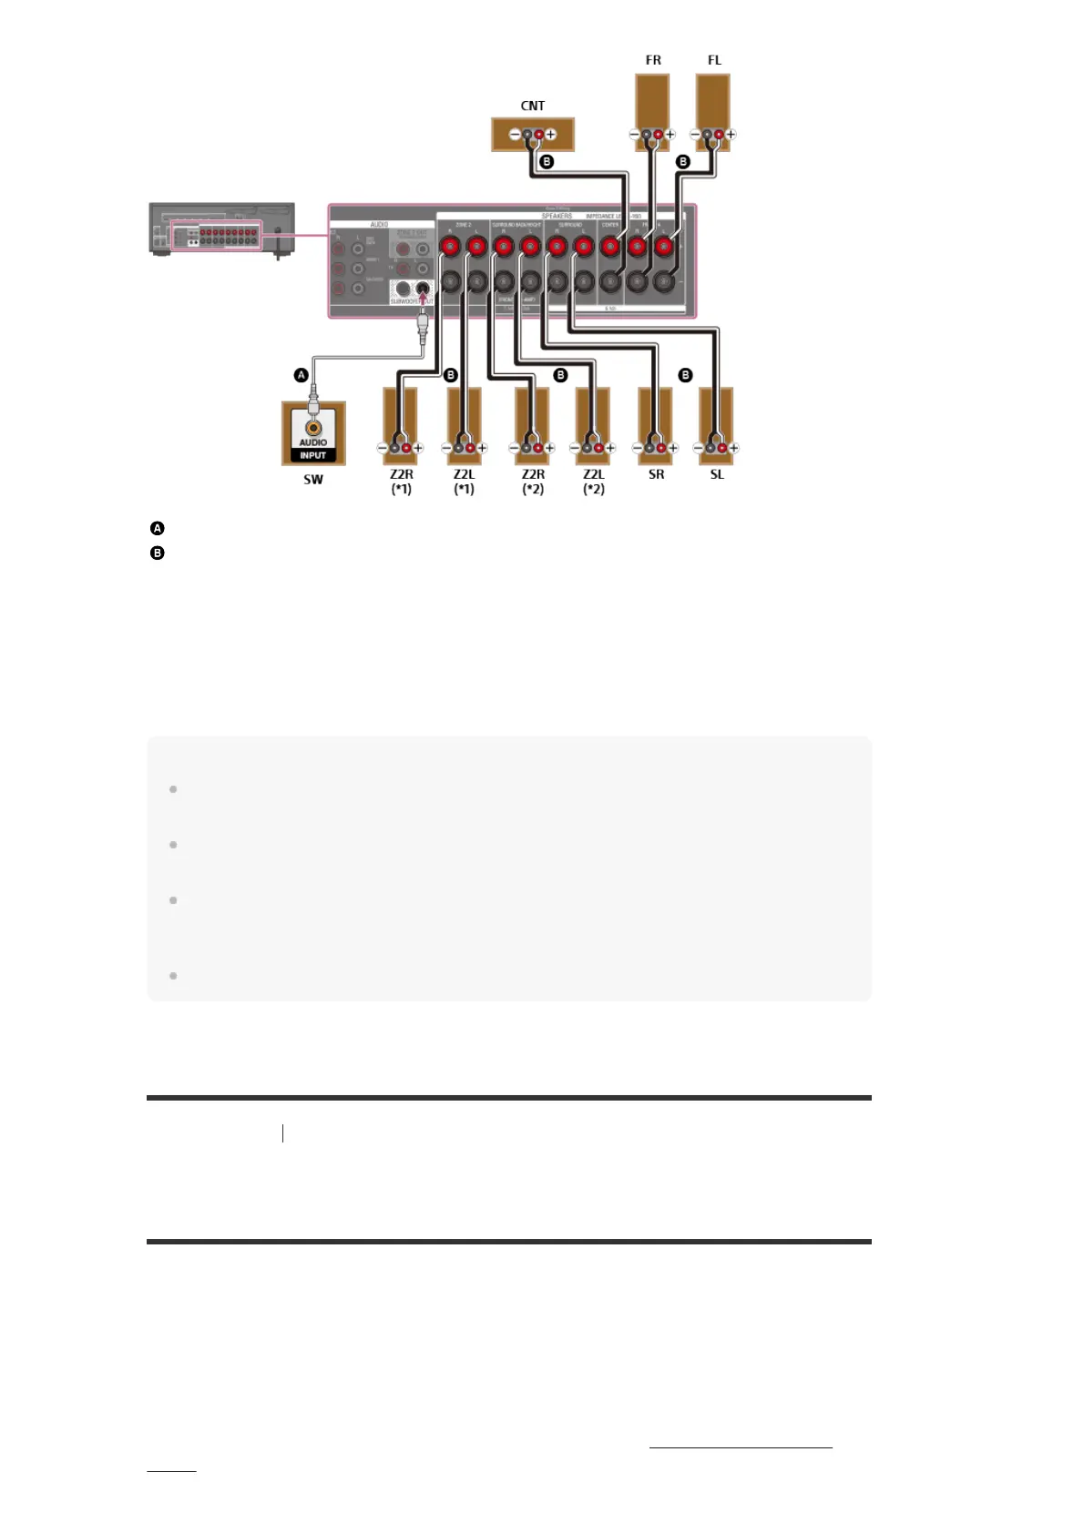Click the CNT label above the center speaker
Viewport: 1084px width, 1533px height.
(x=533, y=106)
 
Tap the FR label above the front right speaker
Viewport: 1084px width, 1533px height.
(x=653, y=60)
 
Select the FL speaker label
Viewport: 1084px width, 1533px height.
(x=714, y=60)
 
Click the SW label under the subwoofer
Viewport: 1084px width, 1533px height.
(x=313, y=480)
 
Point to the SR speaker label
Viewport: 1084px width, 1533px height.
(x=656, y=474)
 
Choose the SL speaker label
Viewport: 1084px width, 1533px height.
(x=717, y=474)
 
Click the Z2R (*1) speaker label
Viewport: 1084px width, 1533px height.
(x=402, y=481)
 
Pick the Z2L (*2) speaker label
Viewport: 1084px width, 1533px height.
(x=593, y=481)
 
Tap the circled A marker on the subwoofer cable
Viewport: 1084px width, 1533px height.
(x=301, y=375)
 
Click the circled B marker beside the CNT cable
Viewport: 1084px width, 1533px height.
(x=547, y=161)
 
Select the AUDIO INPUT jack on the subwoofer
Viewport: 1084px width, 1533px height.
(x=313, y=428)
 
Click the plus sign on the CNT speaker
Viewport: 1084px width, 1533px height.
(x=551, y=135)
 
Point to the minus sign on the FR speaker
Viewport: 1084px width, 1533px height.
(x=635, y=135)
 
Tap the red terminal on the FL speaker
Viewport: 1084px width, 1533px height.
(x=719, y=135)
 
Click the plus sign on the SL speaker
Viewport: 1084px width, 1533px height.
(x=733, y=448)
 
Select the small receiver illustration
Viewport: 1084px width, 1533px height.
(x=222, y=230)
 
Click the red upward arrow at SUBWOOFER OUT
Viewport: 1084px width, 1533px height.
(x=422, y=293)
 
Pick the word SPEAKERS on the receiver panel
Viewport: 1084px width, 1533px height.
(x=557, y=217)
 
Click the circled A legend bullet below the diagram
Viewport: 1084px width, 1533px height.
(x=158, y=528)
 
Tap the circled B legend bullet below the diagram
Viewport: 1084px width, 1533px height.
(x=158, y=553)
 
